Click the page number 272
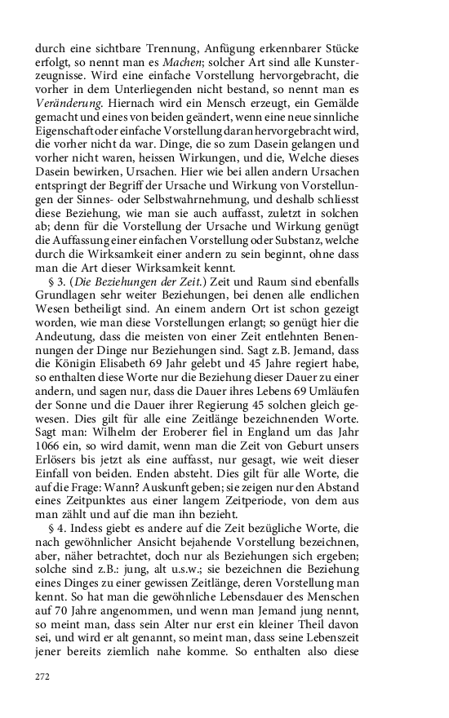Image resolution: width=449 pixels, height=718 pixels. point(43,676)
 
